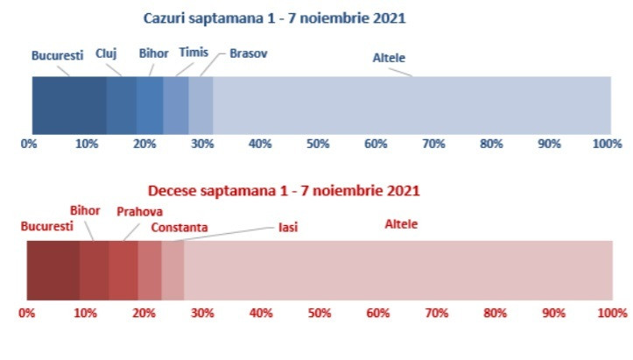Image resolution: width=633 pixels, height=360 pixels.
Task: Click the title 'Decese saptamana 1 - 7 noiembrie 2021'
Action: tap(284, 190)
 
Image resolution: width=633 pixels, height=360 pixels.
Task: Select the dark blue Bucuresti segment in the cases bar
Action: tap(69, 105)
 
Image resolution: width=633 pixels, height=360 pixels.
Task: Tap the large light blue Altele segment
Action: tap(411, 105)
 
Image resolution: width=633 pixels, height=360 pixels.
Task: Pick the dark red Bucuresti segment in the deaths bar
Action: tap(53, 271)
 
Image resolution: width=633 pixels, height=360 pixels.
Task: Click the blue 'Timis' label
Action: tap(193, 53)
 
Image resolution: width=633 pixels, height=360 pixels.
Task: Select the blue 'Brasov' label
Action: tap(249, 53)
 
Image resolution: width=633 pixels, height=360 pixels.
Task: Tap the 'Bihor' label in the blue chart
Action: tap(153, 53)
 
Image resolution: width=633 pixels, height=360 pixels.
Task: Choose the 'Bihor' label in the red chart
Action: tap(85, 211)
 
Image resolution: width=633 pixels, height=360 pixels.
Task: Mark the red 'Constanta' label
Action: tap(179, 228)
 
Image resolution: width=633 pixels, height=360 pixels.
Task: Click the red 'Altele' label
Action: tap(402, 224)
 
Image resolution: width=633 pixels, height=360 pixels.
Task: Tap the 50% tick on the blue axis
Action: tap(318, 144)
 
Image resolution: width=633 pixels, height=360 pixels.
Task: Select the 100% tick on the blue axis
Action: tap(607, 144)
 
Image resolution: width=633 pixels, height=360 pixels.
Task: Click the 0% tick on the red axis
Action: tap(26, 312)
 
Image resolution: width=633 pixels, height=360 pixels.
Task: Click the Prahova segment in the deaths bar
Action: tap(123, 271)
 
